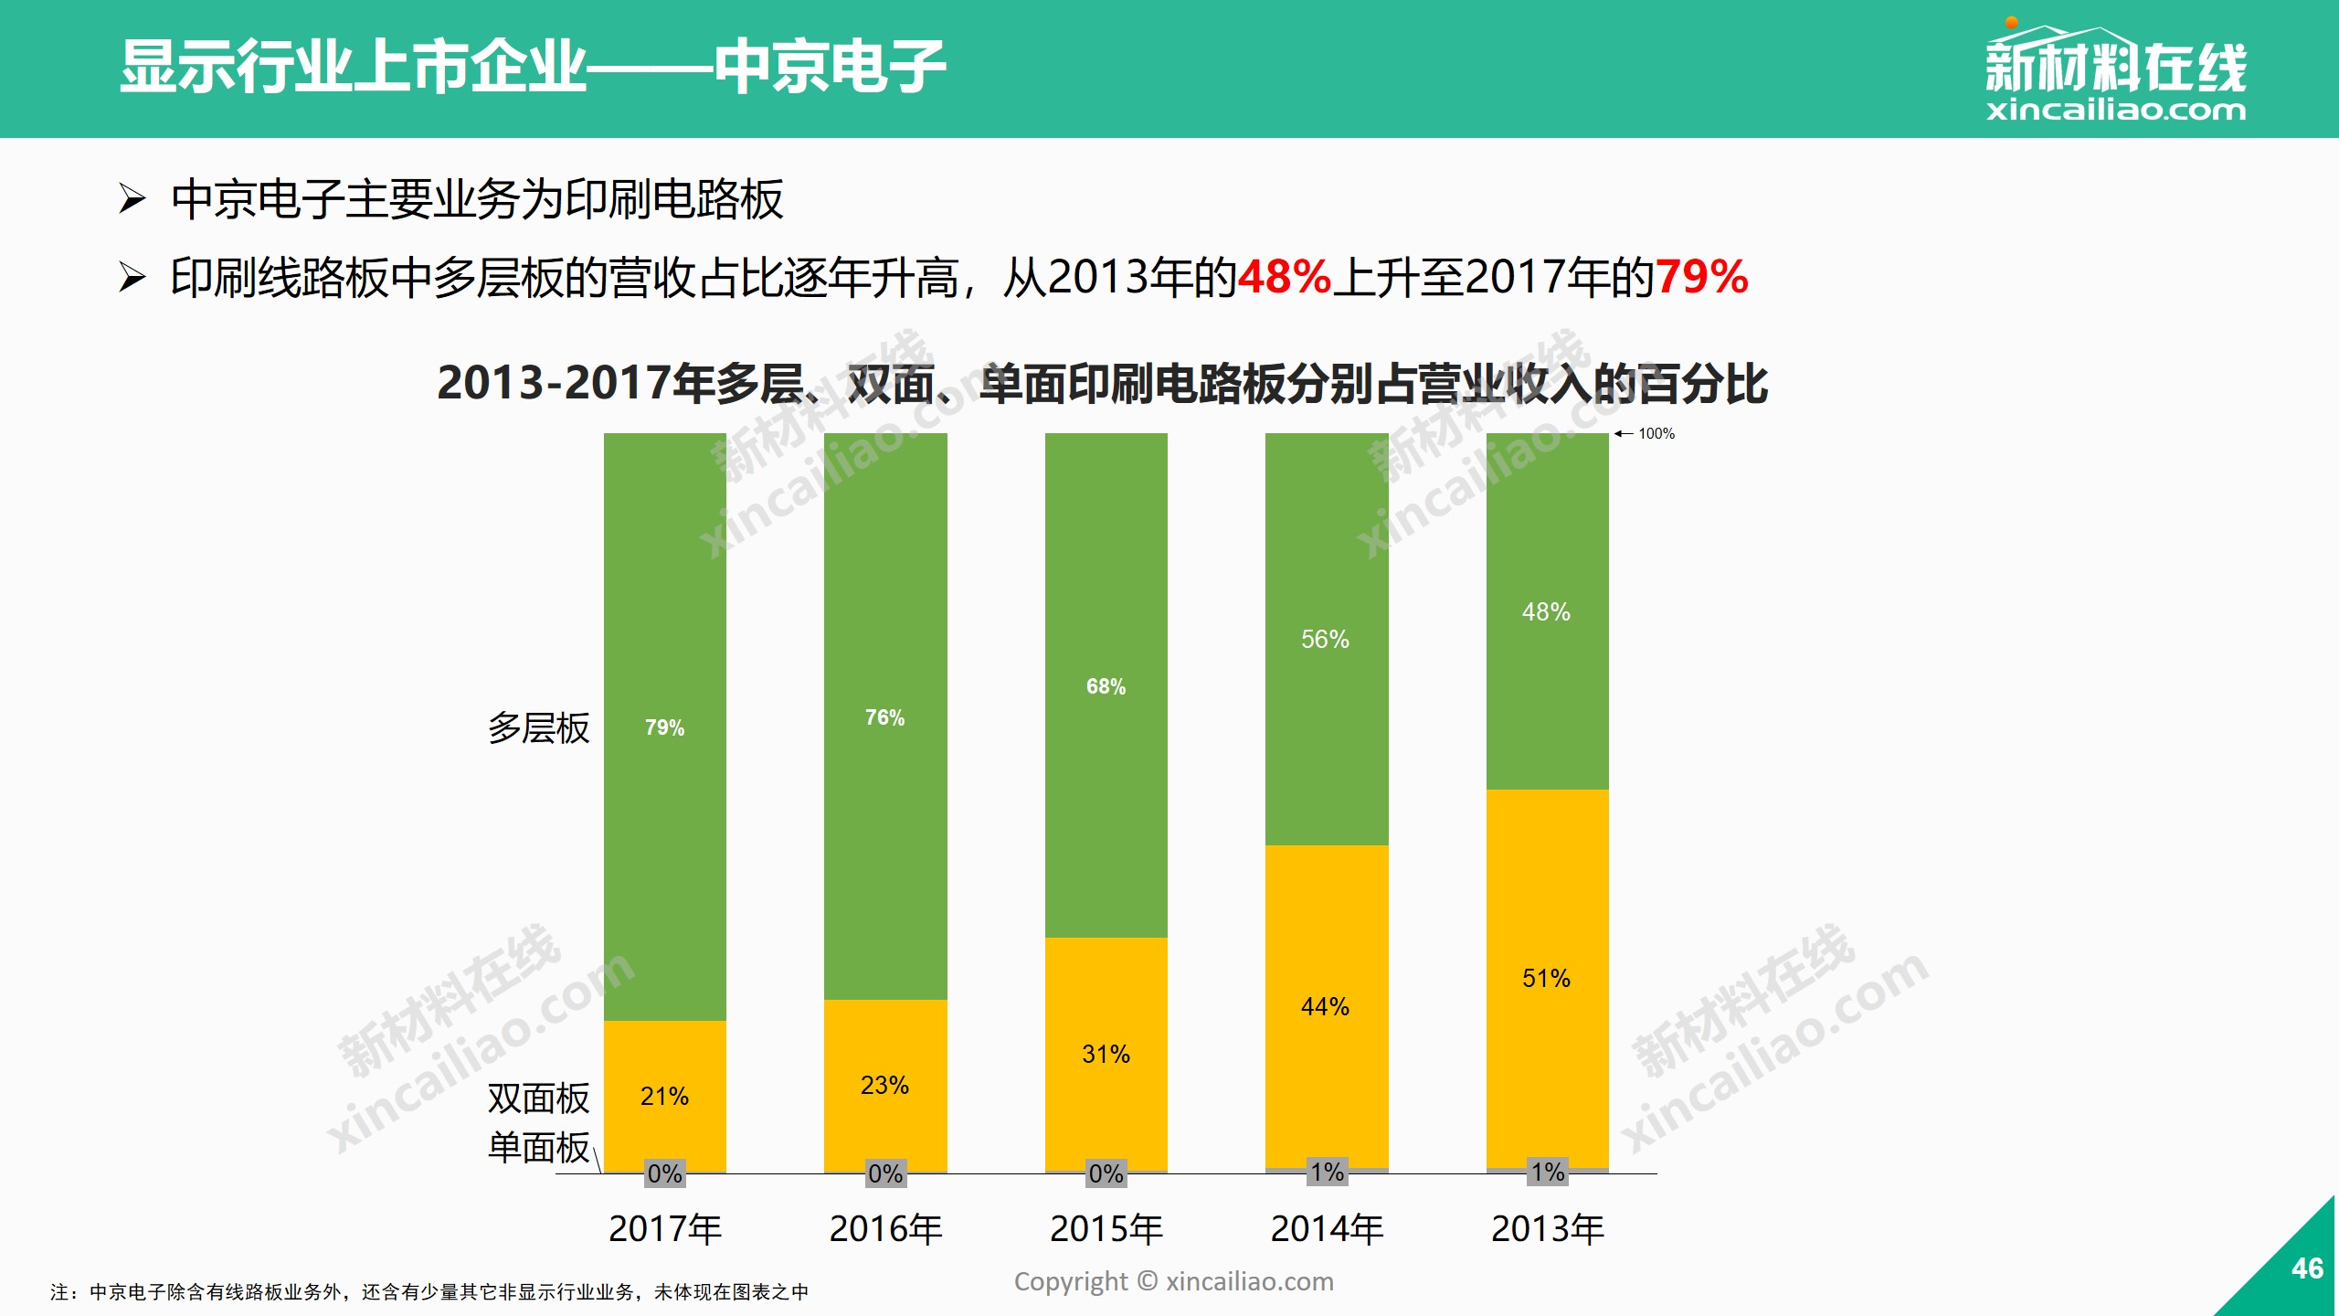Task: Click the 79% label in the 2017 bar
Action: point(664,727)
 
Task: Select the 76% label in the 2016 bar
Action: point(884,717)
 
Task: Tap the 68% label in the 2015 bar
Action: point(1106,686)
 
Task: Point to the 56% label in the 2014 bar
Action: point(1325,639)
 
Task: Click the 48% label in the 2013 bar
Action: point(1546,611)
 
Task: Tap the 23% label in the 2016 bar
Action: point(884,1085)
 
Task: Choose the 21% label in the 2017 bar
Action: point(664,1096)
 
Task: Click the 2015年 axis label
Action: point(1106,1228)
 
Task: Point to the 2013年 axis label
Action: point(1547,1228)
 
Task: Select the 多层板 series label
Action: point(538,728)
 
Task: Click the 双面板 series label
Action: point(538,1098)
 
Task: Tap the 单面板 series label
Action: point(538,1147)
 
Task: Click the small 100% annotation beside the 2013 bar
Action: point(1656,433)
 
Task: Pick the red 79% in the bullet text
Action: point(1701,276)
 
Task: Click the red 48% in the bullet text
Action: point(1284,276)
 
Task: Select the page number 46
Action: point(2306,1268)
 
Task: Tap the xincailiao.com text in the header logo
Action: point(2115,111)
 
